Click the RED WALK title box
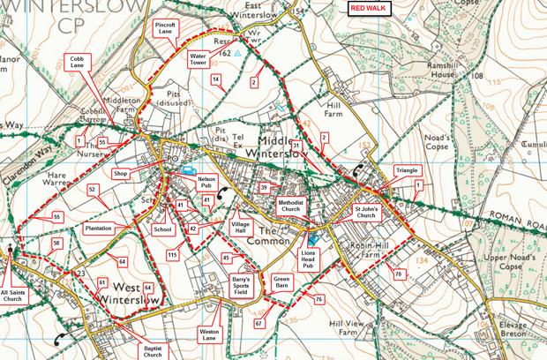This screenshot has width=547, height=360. (x=369, y=8)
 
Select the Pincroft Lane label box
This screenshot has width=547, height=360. (x=166, y=28)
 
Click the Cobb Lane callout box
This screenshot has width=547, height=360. (x=78, y=62)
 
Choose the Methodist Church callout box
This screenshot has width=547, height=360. (x=291, y=206)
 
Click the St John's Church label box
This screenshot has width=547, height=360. (x=365, y=213)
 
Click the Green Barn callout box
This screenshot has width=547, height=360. (x=281, y=283)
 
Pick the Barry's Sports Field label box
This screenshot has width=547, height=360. (x=240, y=284)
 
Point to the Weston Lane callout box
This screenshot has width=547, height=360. (x=209, y=334)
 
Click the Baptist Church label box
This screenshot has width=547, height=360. (x=153, y=352)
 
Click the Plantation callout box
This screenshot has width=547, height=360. (x=98, y=229)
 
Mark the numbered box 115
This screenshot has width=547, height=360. (x=172, y=255)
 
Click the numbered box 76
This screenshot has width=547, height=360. (x=318, y=300)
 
